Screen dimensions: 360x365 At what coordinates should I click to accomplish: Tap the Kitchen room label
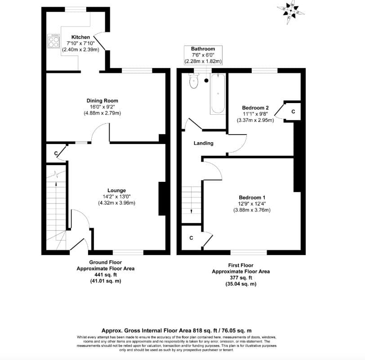point(81,37)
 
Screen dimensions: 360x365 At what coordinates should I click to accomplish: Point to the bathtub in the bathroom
point(218,93)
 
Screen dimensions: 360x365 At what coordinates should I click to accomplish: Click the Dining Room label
point(102,101)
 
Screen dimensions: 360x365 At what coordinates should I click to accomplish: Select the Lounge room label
point(116,190)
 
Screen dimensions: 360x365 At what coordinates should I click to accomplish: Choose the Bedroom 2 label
point(255,108)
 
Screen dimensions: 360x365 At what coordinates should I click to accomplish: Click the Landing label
point(203,143)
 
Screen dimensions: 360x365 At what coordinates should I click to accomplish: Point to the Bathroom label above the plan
point(203,49)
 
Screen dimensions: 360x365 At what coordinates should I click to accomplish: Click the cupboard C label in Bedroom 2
point(293,111)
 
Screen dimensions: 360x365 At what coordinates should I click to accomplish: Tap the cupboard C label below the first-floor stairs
point(191,238)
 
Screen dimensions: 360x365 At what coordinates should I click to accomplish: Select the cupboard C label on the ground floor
point(56,154)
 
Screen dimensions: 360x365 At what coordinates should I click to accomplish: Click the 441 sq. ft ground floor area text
point(105,274)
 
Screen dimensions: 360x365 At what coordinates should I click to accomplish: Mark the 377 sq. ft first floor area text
point(240,278)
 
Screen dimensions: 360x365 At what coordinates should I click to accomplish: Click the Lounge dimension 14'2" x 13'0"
point(116,197)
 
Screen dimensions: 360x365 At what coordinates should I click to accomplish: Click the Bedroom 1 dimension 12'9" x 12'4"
point(252,204)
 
